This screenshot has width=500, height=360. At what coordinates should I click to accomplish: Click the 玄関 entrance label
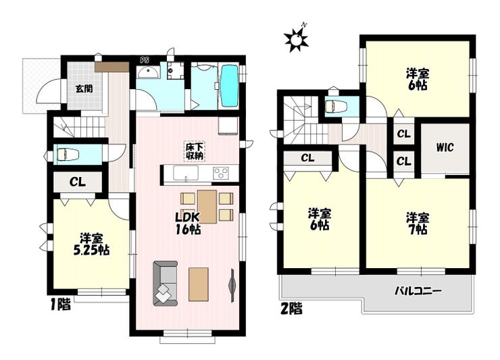tap(84, 88)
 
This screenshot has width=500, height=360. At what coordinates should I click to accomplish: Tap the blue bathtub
tap(230, 86)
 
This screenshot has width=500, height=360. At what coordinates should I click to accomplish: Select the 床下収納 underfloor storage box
tap(195, 151)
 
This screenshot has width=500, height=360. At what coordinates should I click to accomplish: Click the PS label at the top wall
tap(145, 60)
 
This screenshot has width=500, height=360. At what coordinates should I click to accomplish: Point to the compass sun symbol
tap(297, 39)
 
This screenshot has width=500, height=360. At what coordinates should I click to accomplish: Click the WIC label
tap(445, 148)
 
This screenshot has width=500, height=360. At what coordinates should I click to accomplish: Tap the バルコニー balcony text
tap(418, 291)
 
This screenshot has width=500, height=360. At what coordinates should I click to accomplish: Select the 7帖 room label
tap(418, 224)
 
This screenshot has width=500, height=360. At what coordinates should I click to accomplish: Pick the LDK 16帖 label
tap(188, 223)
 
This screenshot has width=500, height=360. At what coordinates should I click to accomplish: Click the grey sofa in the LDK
tap(165, 284)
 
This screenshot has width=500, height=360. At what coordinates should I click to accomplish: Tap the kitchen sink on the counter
tap(186, 174)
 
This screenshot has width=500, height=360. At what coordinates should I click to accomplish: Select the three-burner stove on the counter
tap(221, 174)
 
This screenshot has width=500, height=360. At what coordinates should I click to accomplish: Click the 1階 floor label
tap(60, 305)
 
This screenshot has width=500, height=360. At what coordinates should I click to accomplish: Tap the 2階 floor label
tap(291, 309)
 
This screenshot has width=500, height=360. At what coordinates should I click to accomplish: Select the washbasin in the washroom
tap(148, 73)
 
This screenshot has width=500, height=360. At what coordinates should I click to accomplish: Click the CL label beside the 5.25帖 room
tap(78, 182)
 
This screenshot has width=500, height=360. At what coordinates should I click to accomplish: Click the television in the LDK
tap(233, 286)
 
